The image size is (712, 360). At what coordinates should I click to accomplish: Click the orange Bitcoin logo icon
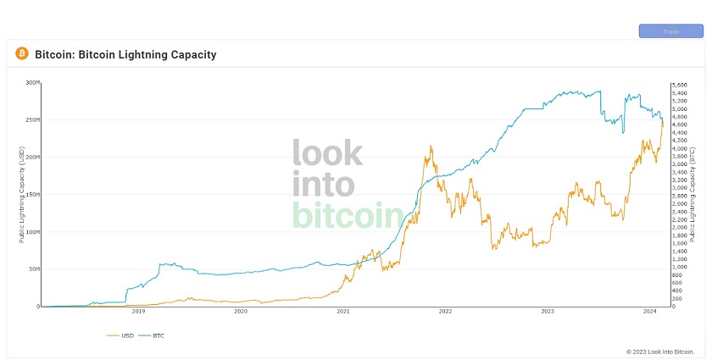22,54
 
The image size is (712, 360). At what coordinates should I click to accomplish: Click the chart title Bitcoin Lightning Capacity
125,55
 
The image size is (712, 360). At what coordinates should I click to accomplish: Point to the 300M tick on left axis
33,83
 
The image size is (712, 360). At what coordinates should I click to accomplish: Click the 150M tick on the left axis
33,195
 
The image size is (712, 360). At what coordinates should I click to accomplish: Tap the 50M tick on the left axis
34,269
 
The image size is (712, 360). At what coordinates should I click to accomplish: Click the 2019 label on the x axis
138,313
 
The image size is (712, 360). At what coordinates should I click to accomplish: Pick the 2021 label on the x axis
343,313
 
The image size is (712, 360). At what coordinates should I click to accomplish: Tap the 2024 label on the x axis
650,313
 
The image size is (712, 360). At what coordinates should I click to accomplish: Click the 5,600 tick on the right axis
679,86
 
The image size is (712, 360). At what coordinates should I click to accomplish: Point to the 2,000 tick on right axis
679,228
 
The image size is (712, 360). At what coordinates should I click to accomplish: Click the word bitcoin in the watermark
347,214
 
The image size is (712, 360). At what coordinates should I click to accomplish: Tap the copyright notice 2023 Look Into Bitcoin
660,351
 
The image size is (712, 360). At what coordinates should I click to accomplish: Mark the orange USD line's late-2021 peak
431,147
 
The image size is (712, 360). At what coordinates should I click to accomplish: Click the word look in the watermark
328,153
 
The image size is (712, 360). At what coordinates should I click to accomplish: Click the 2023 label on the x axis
548,313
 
